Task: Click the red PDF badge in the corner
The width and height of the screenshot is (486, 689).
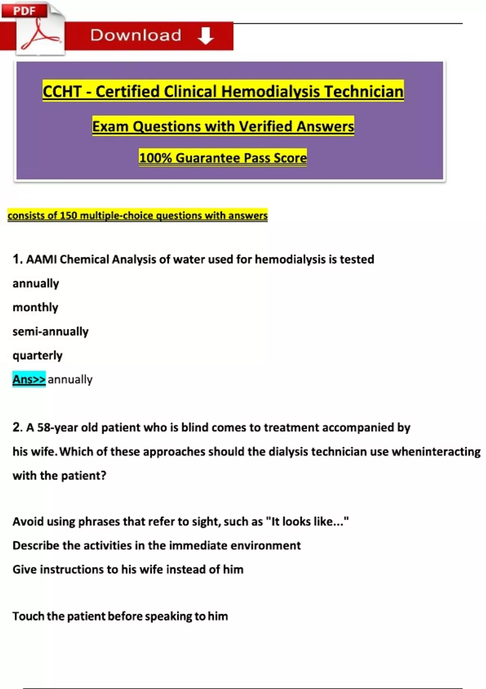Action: pyautogui.click(x=24, y=11)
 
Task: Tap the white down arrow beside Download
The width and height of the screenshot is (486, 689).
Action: pyautogui.click(x=206, y=36)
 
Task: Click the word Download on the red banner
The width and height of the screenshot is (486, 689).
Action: pyautogui.click(x=136, y=35)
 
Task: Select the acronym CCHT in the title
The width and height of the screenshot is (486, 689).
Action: pyautogui.click(x=62, y=92)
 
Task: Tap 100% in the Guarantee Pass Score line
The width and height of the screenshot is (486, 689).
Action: pyautogui.click(x=155, y=158)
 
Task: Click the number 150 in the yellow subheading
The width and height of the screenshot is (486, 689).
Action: pyautogui.click(x=68, y=216)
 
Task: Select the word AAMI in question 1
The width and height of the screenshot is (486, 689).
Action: pyautogui.click(x=41, y=259)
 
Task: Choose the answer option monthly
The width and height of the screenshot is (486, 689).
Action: pyautogui.click(x=36, y=307)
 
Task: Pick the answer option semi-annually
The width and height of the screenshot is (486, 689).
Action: pyautogui.click(x=51, y=332)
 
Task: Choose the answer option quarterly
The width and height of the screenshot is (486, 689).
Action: pyautogui.click(x=38, y=355)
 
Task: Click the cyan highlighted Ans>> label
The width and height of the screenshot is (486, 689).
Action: pyautogui.click(x=29, y=379)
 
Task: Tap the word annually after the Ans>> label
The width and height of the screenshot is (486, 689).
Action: pyautogui.click(x=70, y=379)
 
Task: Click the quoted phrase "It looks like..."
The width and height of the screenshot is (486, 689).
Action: pyautogui.click(x=307, y=521)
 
